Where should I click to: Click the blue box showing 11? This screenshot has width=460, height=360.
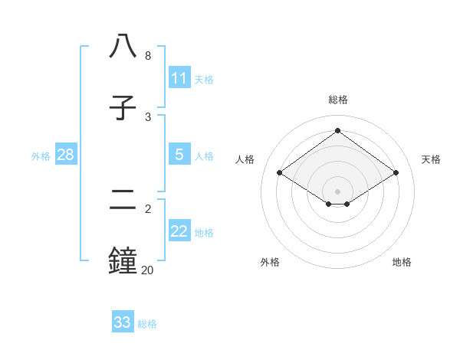point(179,78)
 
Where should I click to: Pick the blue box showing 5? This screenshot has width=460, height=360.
point(179,155)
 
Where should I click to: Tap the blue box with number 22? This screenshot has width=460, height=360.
point(179,231)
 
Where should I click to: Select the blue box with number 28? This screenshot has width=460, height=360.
point(65,155)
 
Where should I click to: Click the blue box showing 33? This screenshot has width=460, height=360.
point(122,322)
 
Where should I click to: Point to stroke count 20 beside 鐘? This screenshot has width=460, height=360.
point(147,270)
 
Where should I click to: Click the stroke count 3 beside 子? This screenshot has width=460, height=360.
point(148,116)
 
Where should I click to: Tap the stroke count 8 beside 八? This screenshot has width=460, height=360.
point(148,56)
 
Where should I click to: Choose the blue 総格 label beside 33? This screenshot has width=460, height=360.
point(147,324)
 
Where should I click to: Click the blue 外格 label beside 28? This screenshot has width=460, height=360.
point(41,156)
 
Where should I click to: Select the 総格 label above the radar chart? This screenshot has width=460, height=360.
point(338,100)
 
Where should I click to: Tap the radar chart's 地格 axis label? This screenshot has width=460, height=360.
point(402,262)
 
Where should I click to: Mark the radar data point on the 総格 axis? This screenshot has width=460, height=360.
point(337,131)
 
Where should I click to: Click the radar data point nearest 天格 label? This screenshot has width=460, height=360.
point(396,173)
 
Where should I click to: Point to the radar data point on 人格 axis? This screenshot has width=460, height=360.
point(279,173)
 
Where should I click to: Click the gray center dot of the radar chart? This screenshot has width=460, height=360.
point(337,191)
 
